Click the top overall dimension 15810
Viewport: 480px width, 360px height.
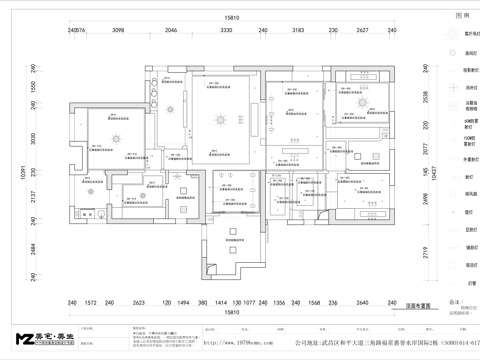231,18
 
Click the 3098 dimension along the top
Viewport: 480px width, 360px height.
117,31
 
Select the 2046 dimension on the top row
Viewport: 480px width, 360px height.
171,31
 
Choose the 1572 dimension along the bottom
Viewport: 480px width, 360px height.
90,301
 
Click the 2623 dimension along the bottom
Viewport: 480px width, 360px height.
139,301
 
